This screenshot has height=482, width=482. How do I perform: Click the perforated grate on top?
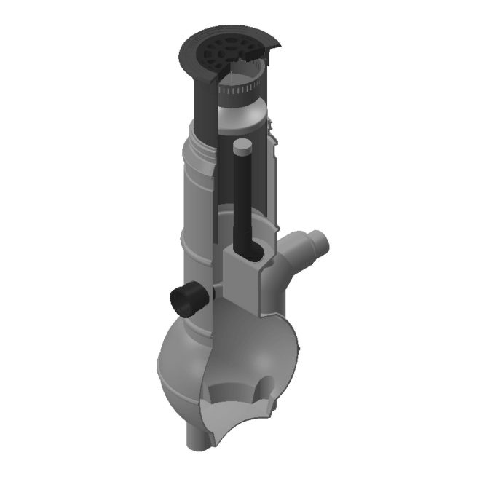221,50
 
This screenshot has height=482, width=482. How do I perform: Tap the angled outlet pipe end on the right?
318,241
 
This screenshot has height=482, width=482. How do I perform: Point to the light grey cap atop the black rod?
242,149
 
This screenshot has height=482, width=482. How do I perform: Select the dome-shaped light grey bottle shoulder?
244,116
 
